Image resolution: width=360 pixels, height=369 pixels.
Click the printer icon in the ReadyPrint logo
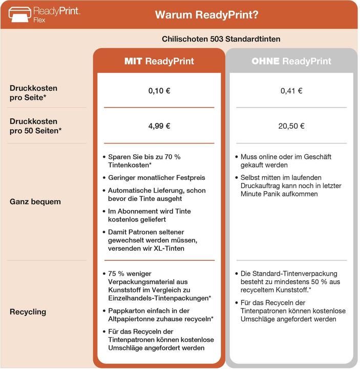[x=19, y=14]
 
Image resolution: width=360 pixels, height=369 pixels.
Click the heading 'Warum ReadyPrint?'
[x=206, y=14]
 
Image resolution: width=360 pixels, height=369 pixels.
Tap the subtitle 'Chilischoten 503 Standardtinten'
[x=221, y=39]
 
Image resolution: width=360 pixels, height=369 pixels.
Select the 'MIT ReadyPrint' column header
[x=159, y=61]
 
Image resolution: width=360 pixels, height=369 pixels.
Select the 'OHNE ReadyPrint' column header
[x=291, y=61]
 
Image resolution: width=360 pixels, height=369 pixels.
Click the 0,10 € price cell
[x=159, y=91]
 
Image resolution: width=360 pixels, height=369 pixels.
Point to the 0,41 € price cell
[x=291, y=91]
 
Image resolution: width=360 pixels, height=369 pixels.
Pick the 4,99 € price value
[x=159, y=126]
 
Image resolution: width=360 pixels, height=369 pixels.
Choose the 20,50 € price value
[x=291, y=126]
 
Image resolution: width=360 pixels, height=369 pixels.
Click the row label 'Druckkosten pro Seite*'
[x=33, y=92]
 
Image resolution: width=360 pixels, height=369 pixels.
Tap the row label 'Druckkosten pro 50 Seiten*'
[x=35, y=126]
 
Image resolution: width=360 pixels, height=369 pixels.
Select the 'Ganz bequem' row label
[x=35, y=201]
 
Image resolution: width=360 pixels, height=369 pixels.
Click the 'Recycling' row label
[x=28, y=312]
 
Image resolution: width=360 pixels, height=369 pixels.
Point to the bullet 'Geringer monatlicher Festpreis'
[x=157, y=177]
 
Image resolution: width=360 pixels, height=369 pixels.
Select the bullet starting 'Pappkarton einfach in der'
[x=161, y=315]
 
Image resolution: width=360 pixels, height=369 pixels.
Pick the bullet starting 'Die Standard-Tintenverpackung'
[x=290, y=282]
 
